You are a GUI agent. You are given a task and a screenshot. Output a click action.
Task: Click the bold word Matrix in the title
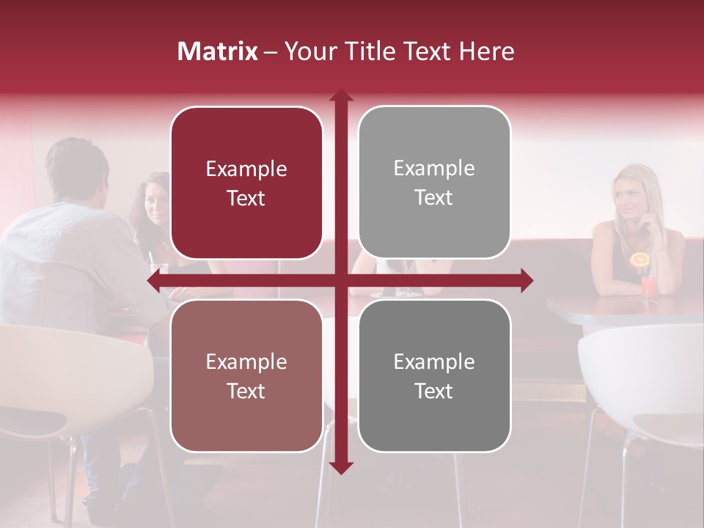pos(218,51)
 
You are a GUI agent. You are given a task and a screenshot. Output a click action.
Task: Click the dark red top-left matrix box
pos(246,183)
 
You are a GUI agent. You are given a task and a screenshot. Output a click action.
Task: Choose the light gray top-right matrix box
pos(434,183)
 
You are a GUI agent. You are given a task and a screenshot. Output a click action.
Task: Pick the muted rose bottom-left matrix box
pos(246,376)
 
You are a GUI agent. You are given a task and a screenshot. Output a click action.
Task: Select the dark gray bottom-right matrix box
pos(434,376)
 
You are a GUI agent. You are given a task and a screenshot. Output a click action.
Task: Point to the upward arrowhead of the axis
pos(341,95)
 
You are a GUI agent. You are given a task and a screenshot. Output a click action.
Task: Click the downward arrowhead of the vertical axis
pos(341,467)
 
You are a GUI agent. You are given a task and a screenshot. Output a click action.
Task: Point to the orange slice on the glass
pos(640,260)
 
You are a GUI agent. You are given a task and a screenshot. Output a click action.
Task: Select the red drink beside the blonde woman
pos(649,287)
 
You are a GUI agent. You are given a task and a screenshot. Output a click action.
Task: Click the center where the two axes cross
pos(341,281)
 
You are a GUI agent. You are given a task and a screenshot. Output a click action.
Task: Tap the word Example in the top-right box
pos(434,169)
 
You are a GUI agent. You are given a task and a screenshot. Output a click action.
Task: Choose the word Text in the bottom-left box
pos(246,391)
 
